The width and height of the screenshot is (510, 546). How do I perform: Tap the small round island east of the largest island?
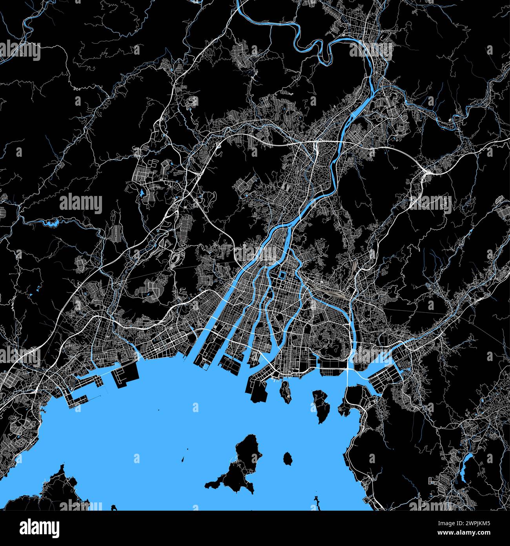(288, 458)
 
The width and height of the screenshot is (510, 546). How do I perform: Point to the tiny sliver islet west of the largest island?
(183, 459)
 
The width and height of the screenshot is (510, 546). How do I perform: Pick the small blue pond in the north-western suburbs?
(140, 193)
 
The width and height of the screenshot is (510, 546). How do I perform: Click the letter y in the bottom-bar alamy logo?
(54, 529)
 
